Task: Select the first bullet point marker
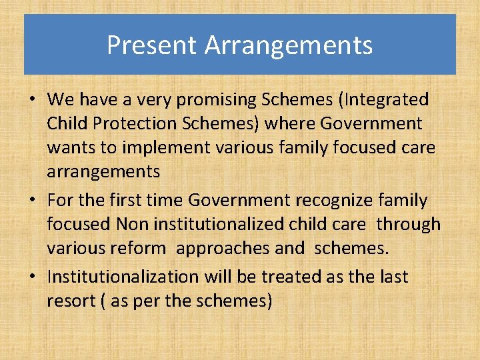pos(33,101)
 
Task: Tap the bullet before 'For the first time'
pos(33,201)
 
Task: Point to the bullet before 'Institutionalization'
pos(33,277)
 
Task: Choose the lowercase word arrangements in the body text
pos(103,172)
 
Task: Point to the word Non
pos(152,224)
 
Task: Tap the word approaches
pos(223,248)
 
